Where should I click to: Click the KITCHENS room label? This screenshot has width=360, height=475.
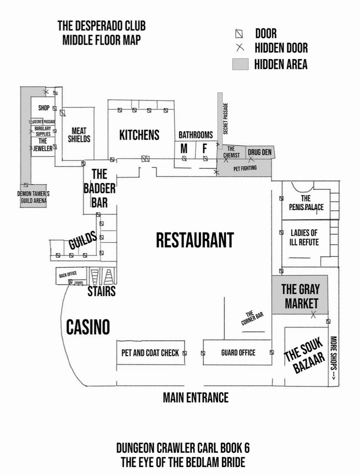point(139,135)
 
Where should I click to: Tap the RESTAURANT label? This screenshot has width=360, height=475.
point(194,240)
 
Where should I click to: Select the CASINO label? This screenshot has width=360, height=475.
point(88,327)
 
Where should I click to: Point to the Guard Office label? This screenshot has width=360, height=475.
point(238,353)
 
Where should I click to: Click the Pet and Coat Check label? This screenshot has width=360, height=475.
point(150,353)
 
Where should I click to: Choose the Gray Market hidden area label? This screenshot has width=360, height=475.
point(300,296)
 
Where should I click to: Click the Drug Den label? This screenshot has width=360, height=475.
point(259,152)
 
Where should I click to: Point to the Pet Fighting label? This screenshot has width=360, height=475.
point(245,168)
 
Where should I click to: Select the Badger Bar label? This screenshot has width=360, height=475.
point(99,188)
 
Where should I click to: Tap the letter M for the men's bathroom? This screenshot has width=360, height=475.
point(184,148)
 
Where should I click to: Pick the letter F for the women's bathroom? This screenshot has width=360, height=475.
point(205,148)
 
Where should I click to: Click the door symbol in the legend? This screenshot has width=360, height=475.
point(239,34)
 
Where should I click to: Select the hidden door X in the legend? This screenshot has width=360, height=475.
point(239,47)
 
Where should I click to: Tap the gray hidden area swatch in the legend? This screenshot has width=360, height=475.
point(240,64)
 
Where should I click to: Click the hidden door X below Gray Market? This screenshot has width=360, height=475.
point(313,315)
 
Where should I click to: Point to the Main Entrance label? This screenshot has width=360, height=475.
point(195,397)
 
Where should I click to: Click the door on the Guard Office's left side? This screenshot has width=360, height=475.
point(203,353)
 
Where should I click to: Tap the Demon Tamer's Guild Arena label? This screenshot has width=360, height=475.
point(33,197)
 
